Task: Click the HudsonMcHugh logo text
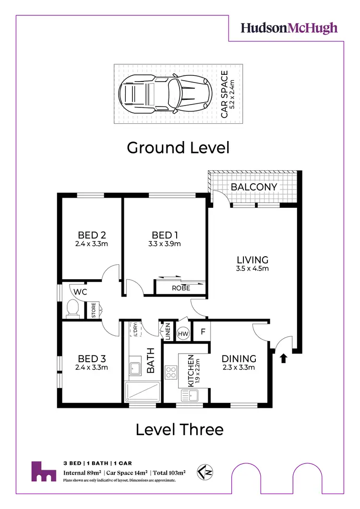click(x=289, y=28)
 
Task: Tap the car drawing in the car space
click(x=165, y=93)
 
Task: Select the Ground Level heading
click(x=178, y=147)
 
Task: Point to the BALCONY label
click(x=254, y=187)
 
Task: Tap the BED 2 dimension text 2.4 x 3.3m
click(x=91, y=244)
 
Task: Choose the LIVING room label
click(x=252, y=260)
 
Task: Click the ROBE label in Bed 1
click(x=181, y=288)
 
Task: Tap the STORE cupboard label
click(x=94, y=309)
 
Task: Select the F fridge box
click(x=203, y=331)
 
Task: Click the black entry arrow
click(x=283, y=357)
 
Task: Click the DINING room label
click(x=239, y=358)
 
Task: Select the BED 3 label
click(x=91, y=359)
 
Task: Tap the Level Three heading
click(x=180, y=429)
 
